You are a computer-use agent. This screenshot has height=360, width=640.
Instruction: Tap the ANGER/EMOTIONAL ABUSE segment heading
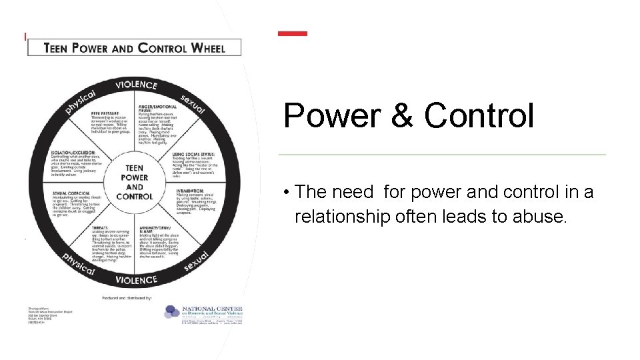pyautogui.click(x=158, y=109)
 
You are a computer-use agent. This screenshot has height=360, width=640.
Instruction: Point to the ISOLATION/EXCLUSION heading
pyautogui.click(x=73, y=153)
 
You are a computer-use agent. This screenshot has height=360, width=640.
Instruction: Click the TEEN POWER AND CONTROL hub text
pyautogui.click(x=134, y=182)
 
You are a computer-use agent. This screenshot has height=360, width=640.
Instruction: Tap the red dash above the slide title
pyautogui.click(x=293, y=33)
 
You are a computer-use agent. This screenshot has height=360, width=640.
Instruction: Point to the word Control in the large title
pyautogui.click(x=479, y=116)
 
